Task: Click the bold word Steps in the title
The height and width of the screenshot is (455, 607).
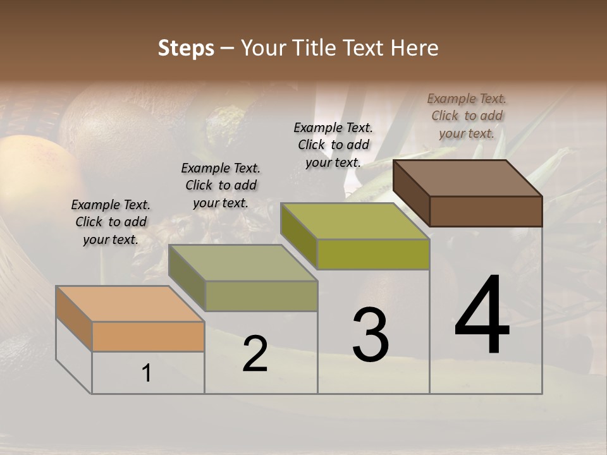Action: point(186,48)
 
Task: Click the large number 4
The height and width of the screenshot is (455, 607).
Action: point(482,315)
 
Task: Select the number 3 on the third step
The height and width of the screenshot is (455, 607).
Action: point(370,335)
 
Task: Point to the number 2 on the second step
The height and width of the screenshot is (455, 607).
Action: point(255,355)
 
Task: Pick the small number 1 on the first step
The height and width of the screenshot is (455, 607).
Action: point(147,373)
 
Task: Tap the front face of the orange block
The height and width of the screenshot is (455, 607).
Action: point(148,336)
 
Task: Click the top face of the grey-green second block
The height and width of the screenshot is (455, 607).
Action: point(243,263)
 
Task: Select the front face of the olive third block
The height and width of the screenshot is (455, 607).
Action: point(373,255)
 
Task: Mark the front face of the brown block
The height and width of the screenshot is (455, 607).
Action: point(486,211)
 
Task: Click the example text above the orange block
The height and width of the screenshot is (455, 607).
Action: point(111,222)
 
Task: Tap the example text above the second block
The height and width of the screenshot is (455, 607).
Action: point(221,185)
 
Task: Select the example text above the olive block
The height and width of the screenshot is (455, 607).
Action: point(333,145)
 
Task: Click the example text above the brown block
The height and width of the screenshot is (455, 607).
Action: point(467,116)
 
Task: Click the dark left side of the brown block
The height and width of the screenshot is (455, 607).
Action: point(411,193)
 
